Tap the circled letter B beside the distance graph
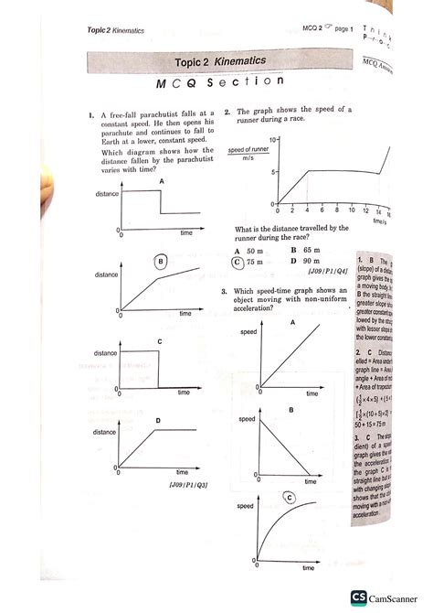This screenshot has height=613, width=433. (160, 262)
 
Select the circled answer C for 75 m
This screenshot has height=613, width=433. (238, 261)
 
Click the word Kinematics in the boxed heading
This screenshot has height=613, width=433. (234, 60)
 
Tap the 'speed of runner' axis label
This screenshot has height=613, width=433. (248, 149)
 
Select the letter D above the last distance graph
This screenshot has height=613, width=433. (159, 420)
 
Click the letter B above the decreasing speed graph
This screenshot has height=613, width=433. (291, 411)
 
